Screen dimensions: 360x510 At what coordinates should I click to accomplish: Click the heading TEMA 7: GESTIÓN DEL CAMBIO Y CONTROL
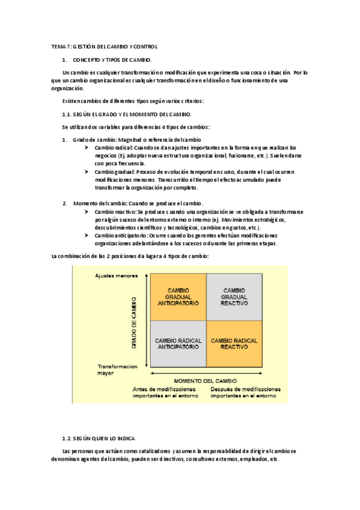click(x=104, y=46)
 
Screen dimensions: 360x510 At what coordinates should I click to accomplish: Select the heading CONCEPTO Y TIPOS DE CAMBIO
click(x=112, y=60)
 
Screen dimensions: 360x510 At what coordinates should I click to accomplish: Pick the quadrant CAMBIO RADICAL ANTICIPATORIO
click(x=178, y=343)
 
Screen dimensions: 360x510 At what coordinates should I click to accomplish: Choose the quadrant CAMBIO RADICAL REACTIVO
click(x=234, y=343)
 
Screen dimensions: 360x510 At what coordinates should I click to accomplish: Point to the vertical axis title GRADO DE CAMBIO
click(x=134, y=322)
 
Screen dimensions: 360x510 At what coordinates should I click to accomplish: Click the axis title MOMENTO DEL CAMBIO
click(x=205, y=381)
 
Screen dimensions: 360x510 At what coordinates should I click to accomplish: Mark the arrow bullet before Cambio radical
click(x=88, y=147)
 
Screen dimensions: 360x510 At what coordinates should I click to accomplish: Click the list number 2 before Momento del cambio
click(x=64, y=203)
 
